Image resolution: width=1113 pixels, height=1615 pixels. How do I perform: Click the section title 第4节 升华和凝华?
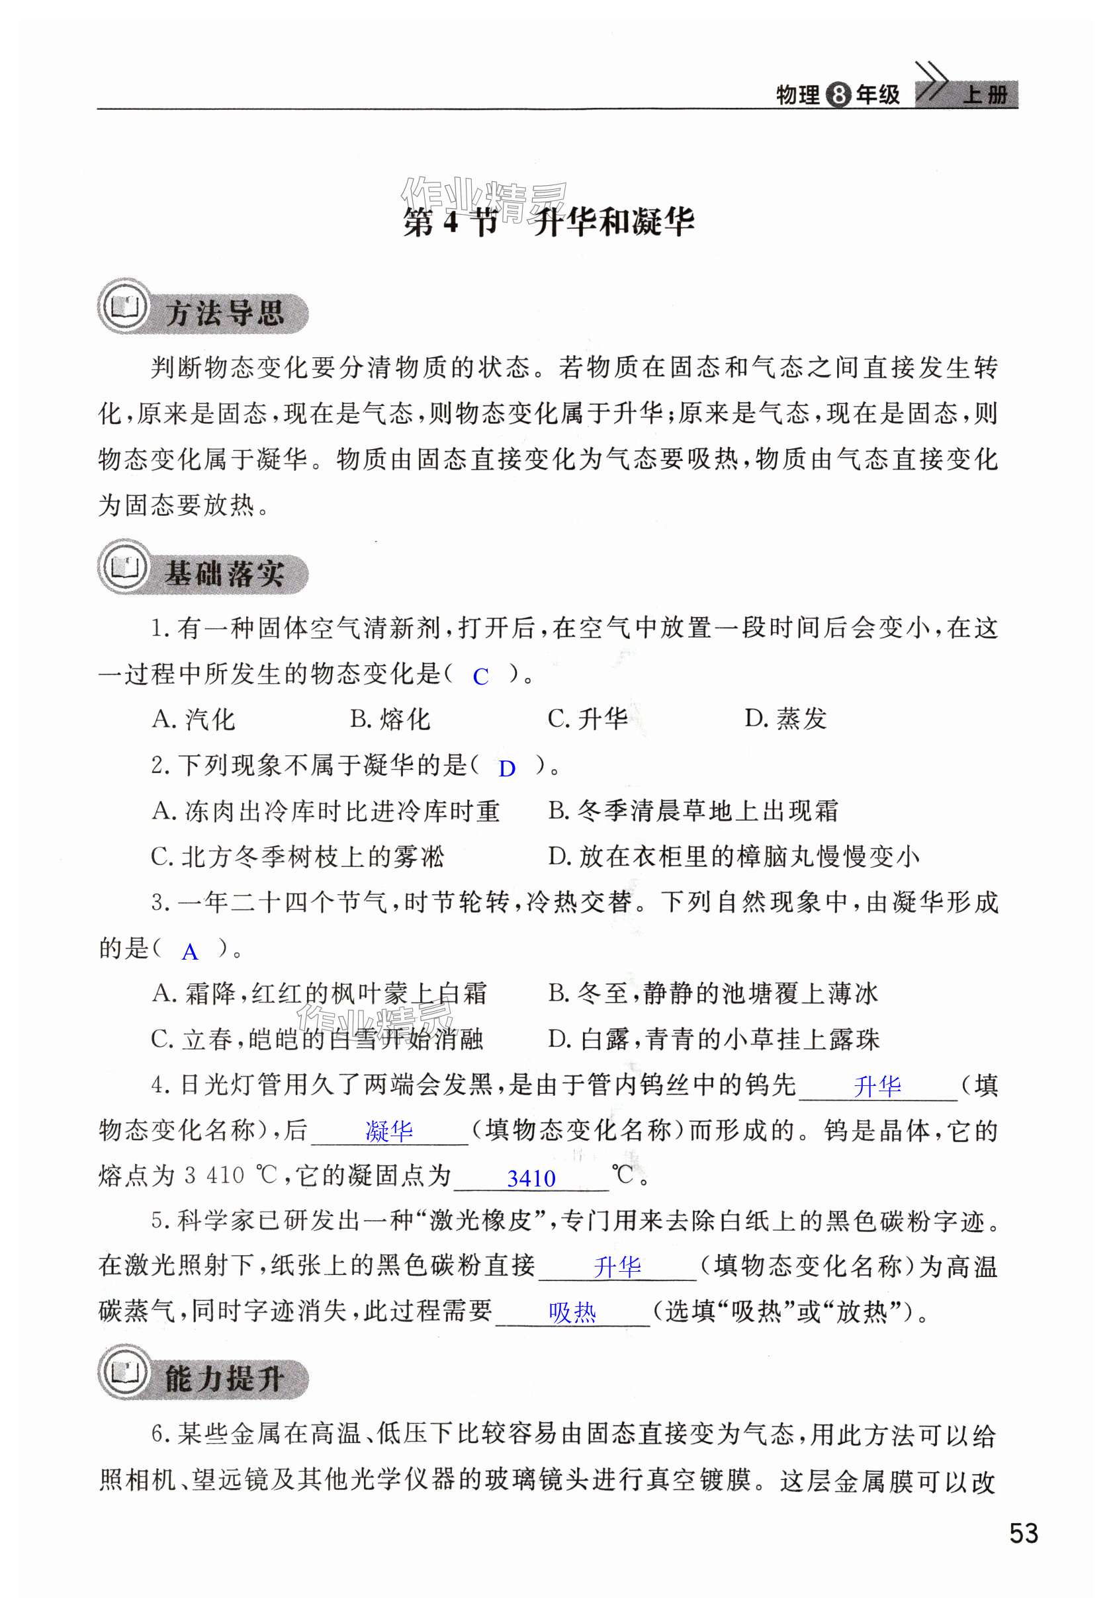tap(549, 222)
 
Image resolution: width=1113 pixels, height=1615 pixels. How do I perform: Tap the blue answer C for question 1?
tap(480, 676)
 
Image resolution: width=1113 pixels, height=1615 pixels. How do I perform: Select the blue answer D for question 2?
tap(507, 769)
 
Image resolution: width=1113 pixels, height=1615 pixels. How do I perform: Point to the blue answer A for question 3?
tap(190, 952)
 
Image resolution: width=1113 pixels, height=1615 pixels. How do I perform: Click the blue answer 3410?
tap(531, 1179)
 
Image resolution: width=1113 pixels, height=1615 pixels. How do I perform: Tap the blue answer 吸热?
tap(572, 1313)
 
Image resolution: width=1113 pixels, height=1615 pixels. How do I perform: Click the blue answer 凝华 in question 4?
tap(389, 1131)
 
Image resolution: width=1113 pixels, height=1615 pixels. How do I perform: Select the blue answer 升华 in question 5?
tap(617, 1266)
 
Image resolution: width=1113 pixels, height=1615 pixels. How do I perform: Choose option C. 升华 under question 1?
tap(588, 719)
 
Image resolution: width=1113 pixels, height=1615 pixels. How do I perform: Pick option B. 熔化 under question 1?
tap(390, 719)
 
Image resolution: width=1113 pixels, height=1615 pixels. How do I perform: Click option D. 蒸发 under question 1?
tap(785, 719)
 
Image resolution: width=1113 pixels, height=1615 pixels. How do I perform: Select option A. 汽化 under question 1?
tap(194, 719)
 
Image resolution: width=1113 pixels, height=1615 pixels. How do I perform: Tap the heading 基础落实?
tap(224, 574)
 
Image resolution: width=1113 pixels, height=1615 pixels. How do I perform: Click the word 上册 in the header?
tap(985, 95)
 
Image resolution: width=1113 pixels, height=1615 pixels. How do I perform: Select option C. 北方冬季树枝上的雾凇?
tap(298, 856)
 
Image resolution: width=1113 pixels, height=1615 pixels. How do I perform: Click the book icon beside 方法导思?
tap(124, 308)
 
